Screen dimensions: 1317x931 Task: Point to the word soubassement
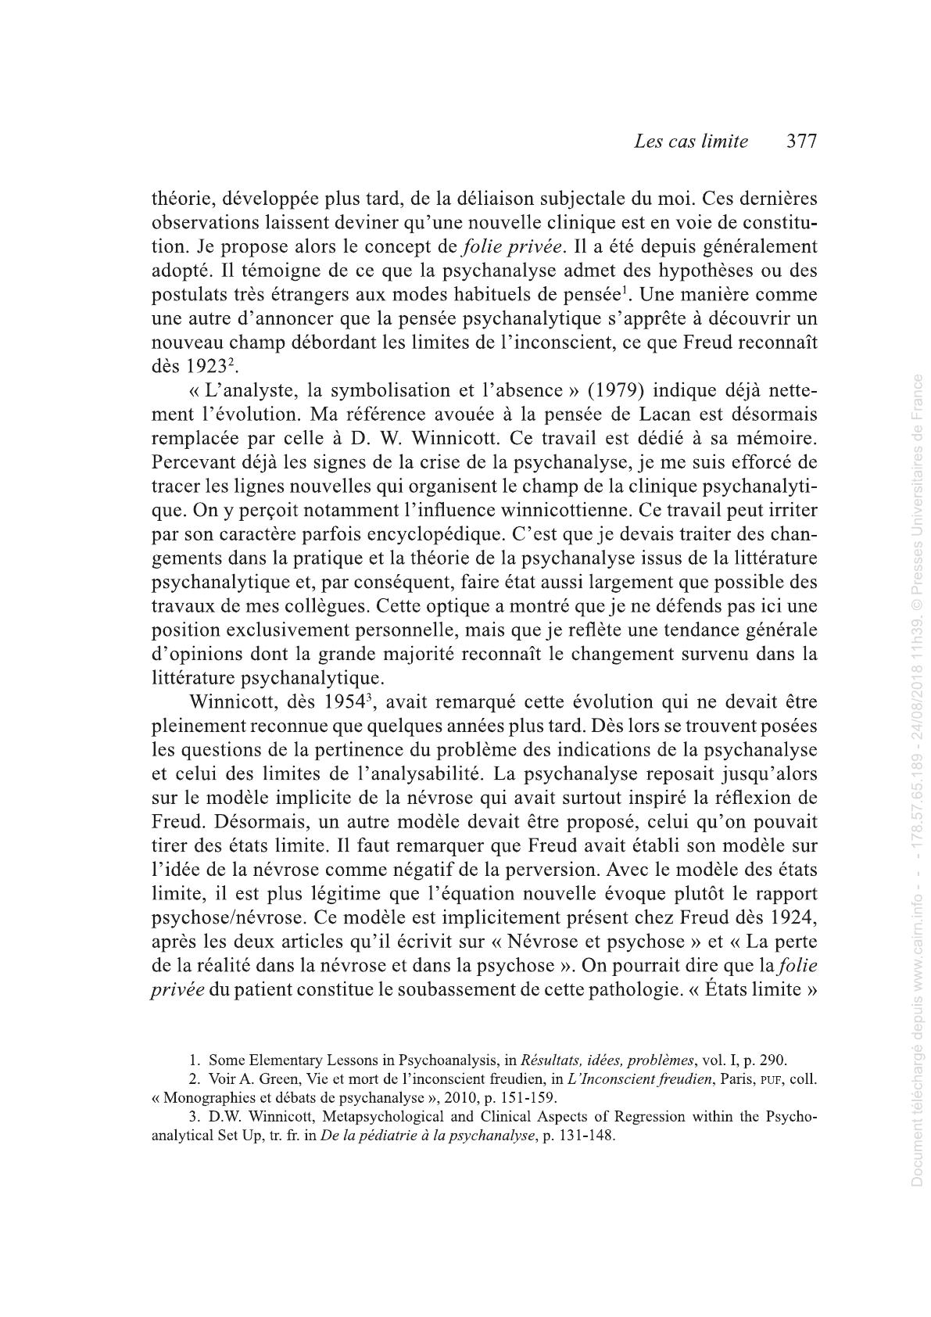[435, 989]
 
